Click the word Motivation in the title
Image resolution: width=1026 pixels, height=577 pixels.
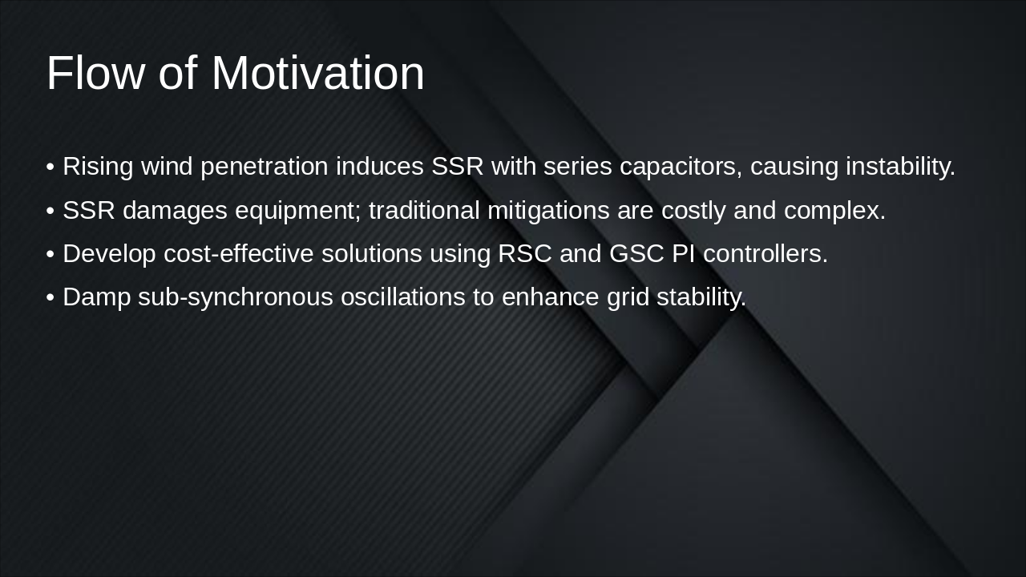click(x=317, y=74)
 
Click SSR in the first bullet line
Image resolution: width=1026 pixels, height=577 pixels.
click(x=457, y=167)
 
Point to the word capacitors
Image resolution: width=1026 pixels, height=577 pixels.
click(x=681, y=167)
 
